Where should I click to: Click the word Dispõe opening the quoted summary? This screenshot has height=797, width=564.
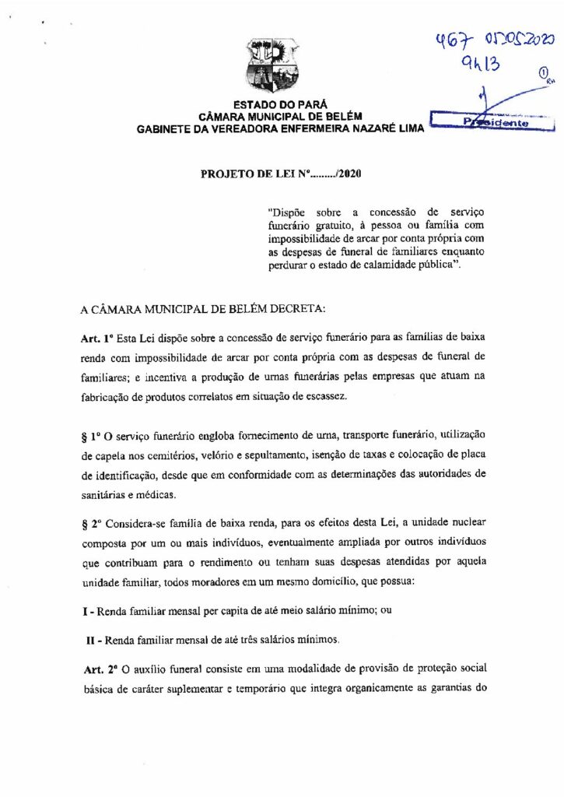(x=283, y=211)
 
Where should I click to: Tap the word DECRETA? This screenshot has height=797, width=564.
(x=279, y=309)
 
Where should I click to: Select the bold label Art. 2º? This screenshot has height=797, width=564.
(x=99, y=669)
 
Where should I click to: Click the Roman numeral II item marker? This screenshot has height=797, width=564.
(x=91, y=640)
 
